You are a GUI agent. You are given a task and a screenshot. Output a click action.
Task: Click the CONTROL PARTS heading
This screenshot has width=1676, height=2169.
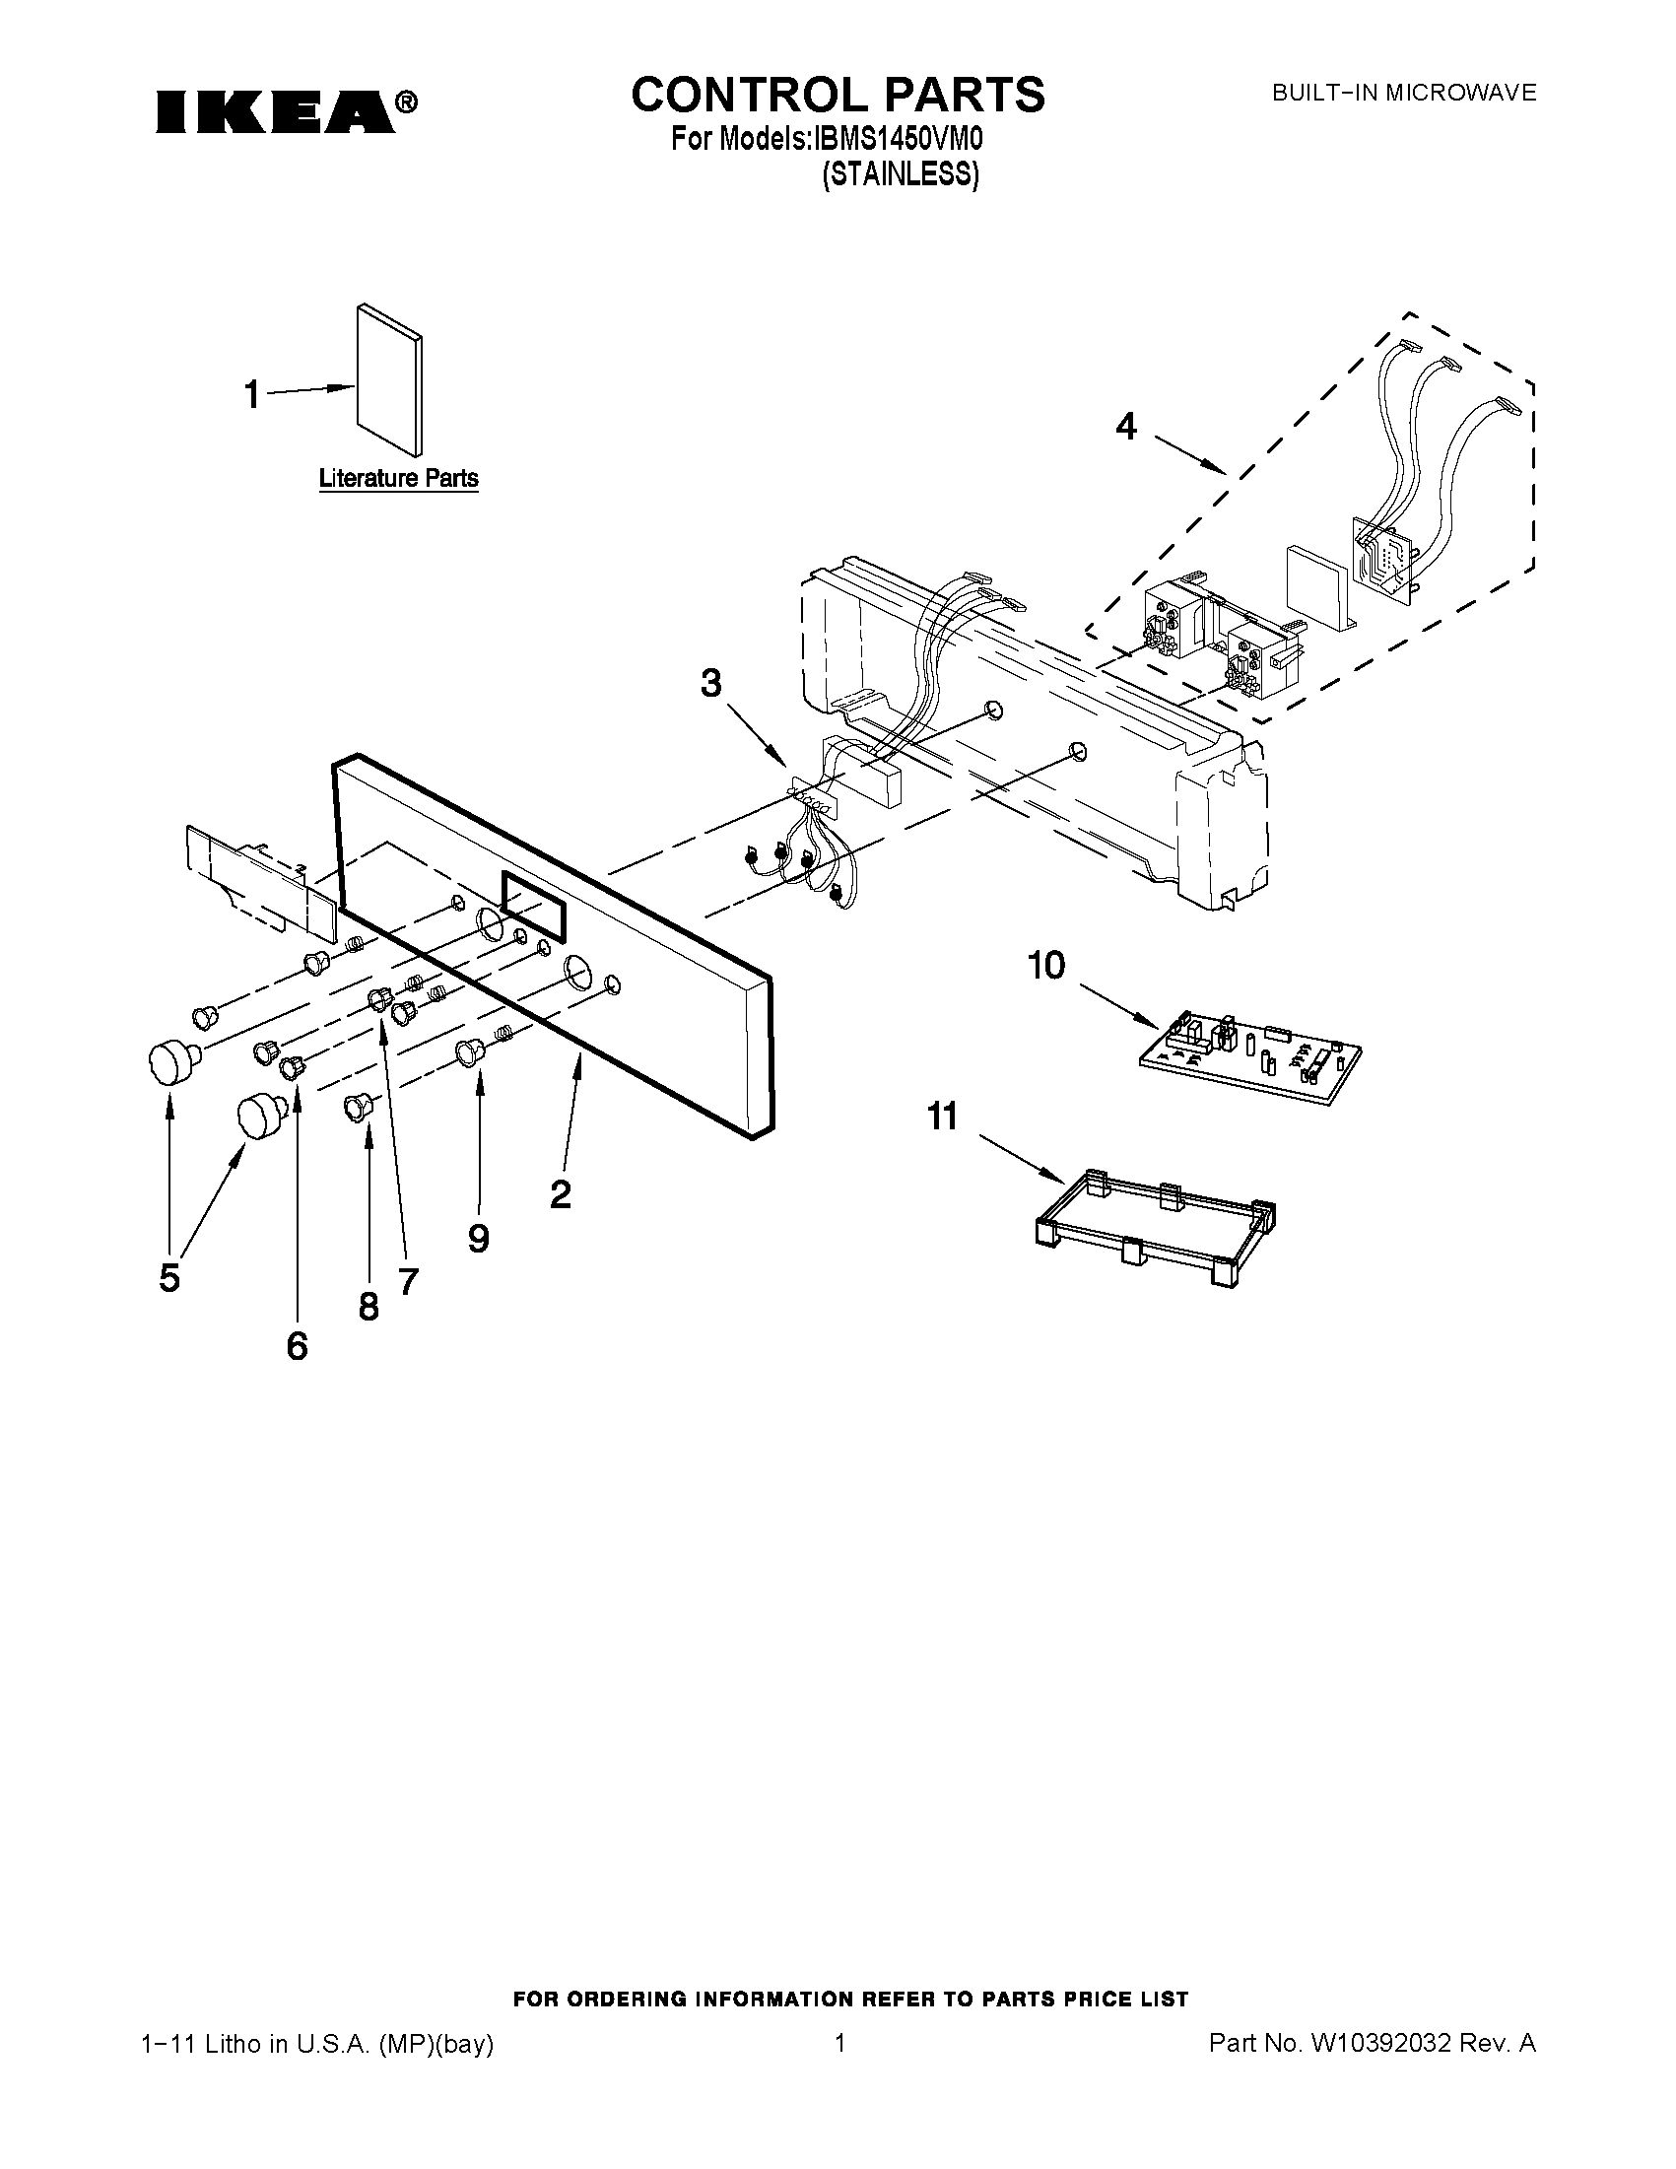coord(838,95)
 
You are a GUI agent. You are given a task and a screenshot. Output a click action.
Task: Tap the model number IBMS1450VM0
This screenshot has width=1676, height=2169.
coord(899,139)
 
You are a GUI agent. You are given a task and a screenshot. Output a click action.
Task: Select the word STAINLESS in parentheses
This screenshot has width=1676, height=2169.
coord(901,174)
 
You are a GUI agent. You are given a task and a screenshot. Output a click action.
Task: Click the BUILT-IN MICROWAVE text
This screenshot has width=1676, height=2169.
coord(1404,94)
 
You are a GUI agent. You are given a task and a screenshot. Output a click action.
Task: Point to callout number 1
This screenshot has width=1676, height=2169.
coord(252,395)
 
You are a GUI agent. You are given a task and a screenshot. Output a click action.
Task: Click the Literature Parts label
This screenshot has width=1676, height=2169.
coord(398,479)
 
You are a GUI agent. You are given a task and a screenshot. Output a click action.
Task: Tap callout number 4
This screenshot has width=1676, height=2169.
coord(1125,426)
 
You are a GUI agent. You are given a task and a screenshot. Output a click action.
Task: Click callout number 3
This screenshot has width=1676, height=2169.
coord(711,683)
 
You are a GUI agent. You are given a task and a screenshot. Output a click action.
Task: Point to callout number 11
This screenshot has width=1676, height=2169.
coord(942,1117)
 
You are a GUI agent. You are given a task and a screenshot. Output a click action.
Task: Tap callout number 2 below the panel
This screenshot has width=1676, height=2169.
coord(560,1194)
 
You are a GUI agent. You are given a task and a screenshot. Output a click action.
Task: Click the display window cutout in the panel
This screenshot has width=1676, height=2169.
coord(535,905)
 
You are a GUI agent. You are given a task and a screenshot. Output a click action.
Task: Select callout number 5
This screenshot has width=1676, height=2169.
coord(169,1278)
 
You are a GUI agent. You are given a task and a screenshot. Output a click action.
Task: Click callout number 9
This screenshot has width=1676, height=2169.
coord(479,1239)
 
